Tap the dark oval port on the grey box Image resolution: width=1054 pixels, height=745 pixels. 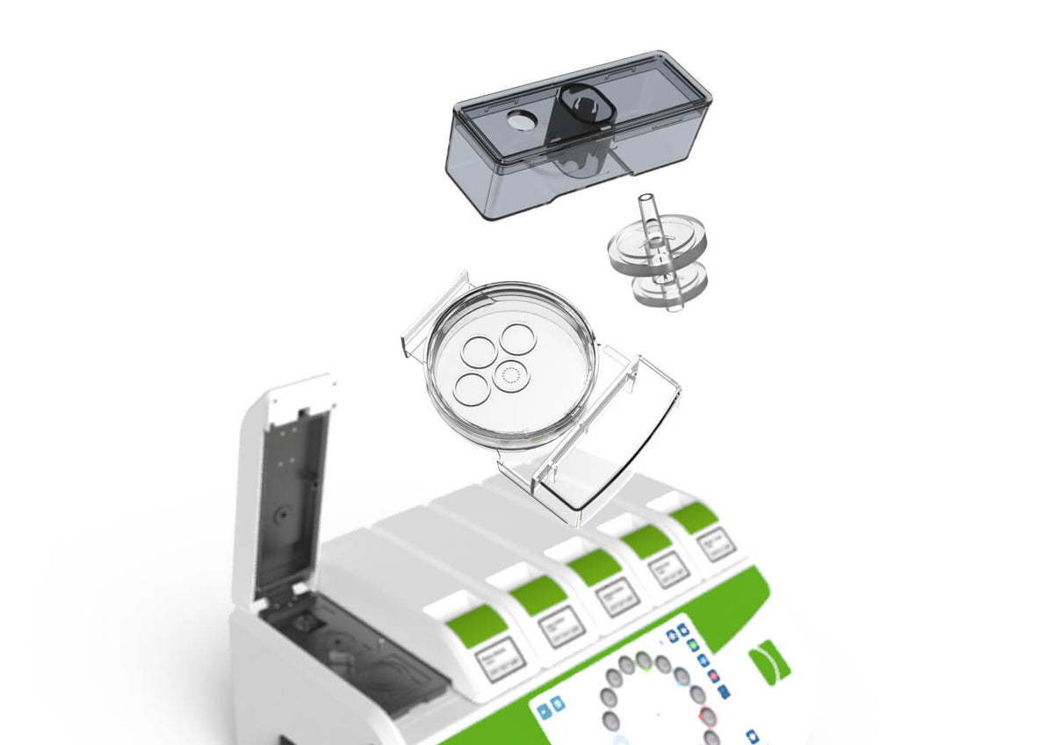[x=581, y=107]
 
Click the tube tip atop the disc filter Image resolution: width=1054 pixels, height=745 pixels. [x=648, y=200]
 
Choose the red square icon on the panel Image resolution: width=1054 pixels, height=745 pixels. [x=712, y=676]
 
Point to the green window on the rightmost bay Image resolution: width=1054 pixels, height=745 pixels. [x=695, y=516]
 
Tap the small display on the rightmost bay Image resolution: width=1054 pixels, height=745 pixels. [x=717, y=544]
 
